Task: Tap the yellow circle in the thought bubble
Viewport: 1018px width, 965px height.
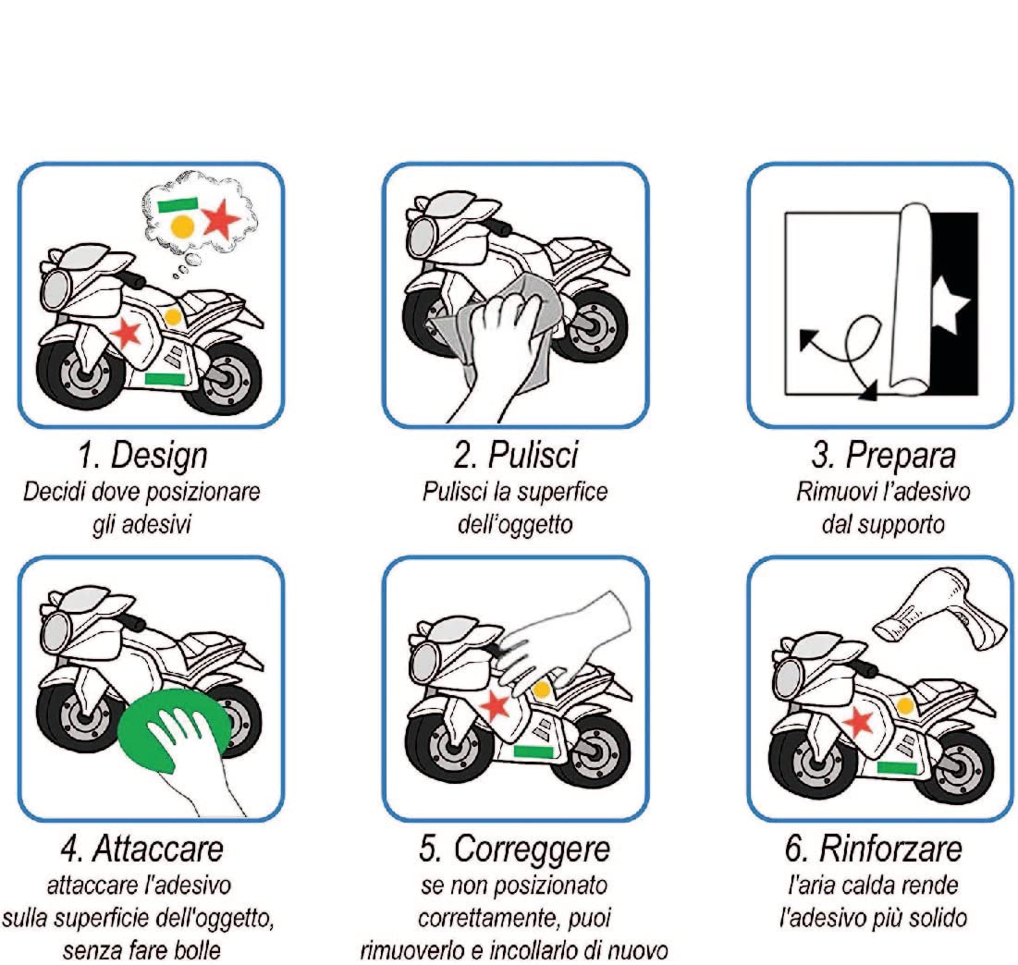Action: tap(183, 225)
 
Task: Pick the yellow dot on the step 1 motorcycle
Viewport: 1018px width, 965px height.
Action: tap(172, 317)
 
